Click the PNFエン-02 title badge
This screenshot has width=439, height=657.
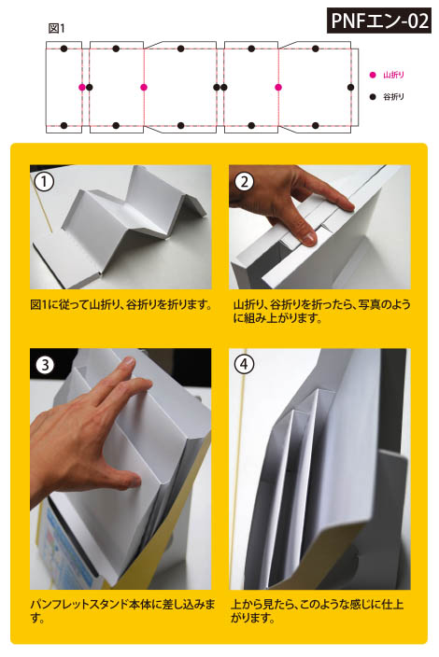pyautogui.click(x=379, y=21)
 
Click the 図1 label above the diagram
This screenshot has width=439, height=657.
pyautogui.click(x=57, y=29)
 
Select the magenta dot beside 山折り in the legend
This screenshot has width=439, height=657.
pyautogui.click(x=373, y=75)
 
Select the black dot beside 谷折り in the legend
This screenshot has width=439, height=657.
pyautogui.click(x=373, y=97)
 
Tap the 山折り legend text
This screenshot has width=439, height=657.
pyautogui.click(x=394, y=75)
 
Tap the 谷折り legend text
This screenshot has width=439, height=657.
pyautogui.click(x=394, y=97)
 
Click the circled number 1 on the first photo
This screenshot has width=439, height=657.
pyautogui.click(x=44, y=182)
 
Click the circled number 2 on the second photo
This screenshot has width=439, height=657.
pyautogui.click(x=244, y=182)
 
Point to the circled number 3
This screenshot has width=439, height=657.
pyautogui.click(x=45, y=365)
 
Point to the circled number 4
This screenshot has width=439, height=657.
pyautogui.click(x=244, y=364)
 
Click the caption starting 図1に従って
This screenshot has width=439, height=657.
pyautogui.click(x=121, y=304)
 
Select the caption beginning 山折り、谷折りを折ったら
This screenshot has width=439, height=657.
pyautogui.click(x=321, y=312)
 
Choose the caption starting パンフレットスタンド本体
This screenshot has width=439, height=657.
pyautogui.click(x=122, y=611)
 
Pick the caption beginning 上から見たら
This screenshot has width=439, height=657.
pyautogui.click(x=318, y=611)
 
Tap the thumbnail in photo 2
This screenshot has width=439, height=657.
pyautogui.click(x=308, y=238)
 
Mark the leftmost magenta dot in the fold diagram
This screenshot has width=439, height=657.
pyautogui.click(x=82, y=87)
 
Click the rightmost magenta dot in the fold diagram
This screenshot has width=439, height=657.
pyautogui.click(x=278, y=87)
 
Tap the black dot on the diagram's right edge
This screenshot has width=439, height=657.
pyautogui.click(x=351, y=87)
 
